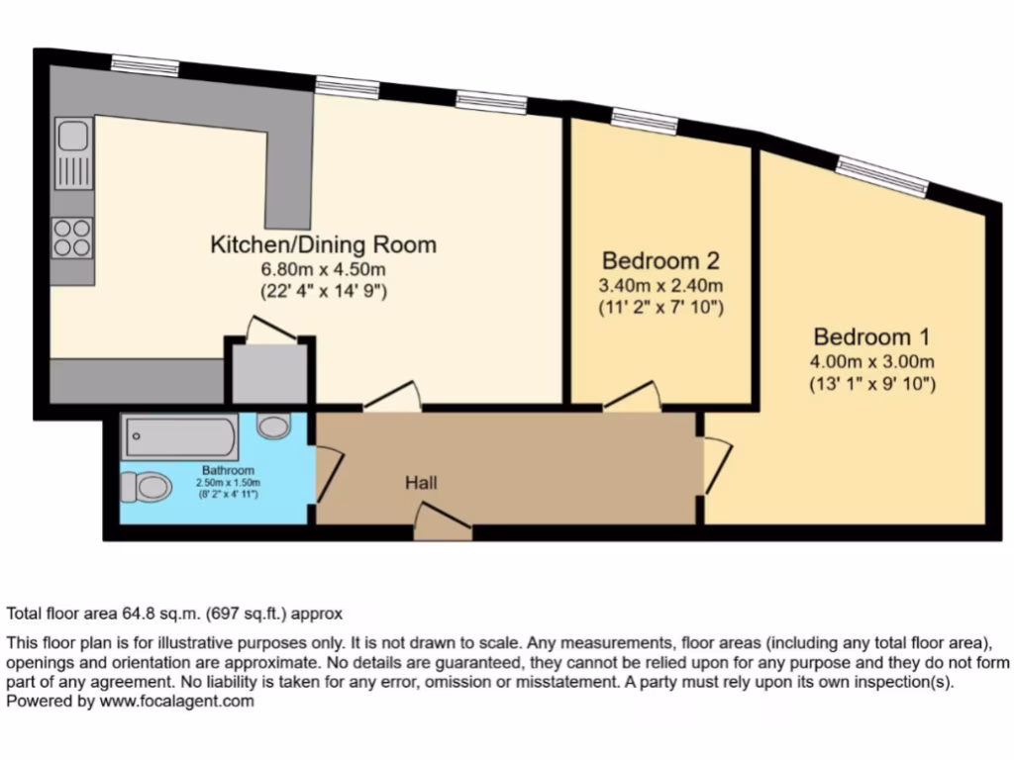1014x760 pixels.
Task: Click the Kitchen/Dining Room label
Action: coord(324,244)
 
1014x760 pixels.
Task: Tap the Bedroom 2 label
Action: coord(660,261)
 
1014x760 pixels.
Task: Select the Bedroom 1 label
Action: coord(872,335)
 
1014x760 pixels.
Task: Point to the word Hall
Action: coord(421,483)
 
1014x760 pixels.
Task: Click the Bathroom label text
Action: coord(229,470)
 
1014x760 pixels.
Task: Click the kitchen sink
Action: coord(73,148)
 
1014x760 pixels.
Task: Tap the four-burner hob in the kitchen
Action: coord(72,237)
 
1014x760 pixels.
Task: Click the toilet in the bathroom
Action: coord(145,486)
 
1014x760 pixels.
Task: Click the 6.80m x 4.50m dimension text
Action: coord(324,269)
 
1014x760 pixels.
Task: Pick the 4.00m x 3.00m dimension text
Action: coord(872,360)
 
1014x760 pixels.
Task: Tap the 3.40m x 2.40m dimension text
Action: coord(660,286)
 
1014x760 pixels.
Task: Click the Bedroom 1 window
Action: coord(882,176)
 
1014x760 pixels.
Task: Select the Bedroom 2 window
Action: coord(644,121)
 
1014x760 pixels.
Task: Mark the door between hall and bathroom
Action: coord(328,475)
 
